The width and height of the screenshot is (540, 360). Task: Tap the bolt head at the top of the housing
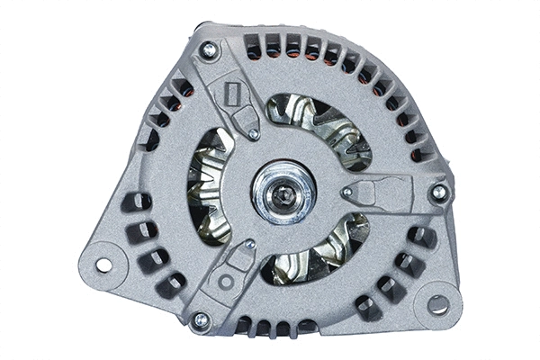[209, 50]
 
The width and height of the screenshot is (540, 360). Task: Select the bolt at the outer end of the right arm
[438, 192]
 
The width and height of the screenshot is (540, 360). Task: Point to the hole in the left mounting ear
[103, 265]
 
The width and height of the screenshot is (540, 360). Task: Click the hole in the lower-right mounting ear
[438, 304]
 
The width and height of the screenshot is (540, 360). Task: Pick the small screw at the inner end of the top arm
[254, 134]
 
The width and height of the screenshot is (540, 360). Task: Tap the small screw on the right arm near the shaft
[346, 192]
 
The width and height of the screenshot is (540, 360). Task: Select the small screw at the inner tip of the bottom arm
[249, 244]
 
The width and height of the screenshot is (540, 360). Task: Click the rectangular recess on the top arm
[231, 94]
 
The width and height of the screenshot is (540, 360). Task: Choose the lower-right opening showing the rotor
[315, 249]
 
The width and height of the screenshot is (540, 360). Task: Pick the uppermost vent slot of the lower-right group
[420, 236]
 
